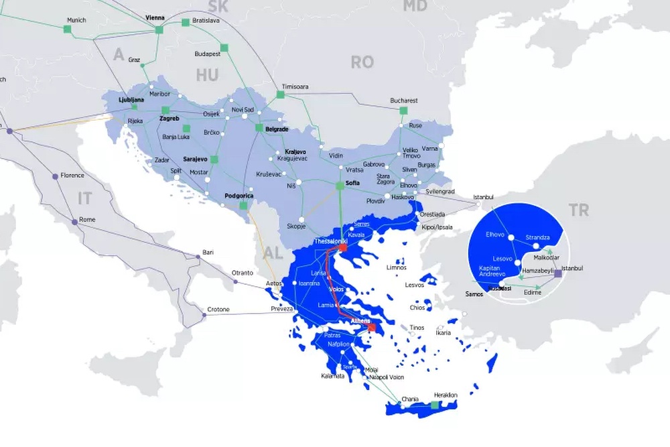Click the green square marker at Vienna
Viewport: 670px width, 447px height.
click(159, 29)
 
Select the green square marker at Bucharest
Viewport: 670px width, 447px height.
click(403, 111)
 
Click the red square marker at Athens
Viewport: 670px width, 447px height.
click(372, 328)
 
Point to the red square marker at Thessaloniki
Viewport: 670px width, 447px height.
click(343, 248)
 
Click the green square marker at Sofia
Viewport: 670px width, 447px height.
click(340, 186)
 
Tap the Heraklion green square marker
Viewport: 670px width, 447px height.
click(435, 405)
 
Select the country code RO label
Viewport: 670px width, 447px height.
click(362, 62)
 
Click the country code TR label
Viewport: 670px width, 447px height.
click(579, 210)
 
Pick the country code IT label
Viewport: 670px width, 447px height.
click(84, 198)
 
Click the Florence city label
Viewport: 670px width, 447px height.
click(72, 176)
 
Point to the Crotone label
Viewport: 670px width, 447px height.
click(218, 310)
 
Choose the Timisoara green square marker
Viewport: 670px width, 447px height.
click(280, 95)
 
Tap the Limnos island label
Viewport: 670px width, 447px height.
click(396, 267)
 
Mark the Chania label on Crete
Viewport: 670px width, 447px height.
click(409, 399)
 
